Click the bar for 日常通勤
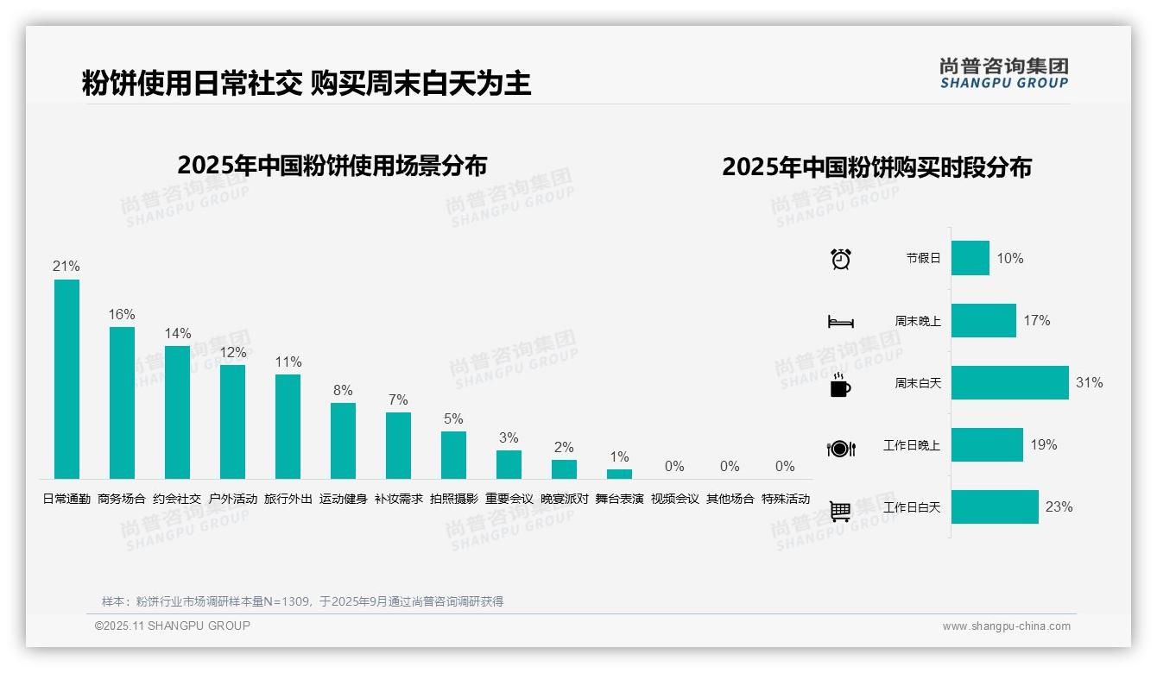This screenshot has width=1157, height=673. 66,379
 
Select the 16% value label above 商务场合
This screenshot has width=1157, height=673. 122,315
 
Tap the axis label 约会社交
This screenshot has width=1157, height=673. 177,499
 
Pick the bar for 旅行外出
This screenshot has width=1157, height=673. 288,426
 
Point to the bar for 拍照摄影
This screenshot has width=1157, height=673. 453,455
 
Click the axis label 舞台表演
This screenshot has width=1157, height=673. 619,499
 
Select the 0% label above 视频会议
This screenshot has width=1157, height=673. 674,467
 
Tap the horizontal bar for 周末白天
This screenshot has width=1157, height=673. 1009,383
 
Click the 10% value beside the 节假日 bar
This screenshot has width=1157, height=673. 1010,259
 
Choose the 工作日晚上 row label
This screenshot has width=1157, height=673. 912,445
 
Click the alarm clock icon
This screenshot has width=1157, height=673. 841,259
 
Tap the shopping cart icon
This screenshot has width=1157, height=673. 840,512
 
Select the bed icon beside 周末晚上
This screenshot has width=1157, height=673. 840,322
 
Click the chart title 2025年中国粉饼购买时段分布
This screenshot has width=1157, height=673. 876,167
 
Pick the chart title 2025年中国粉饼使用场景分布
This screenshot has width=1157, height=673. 332,166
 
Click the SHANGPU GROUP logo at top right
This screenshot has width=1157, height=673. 1003,73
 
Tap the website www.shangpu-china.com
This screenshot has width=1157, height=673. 1006,626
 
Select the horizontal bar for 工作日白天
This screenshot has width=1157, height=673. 995,507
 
